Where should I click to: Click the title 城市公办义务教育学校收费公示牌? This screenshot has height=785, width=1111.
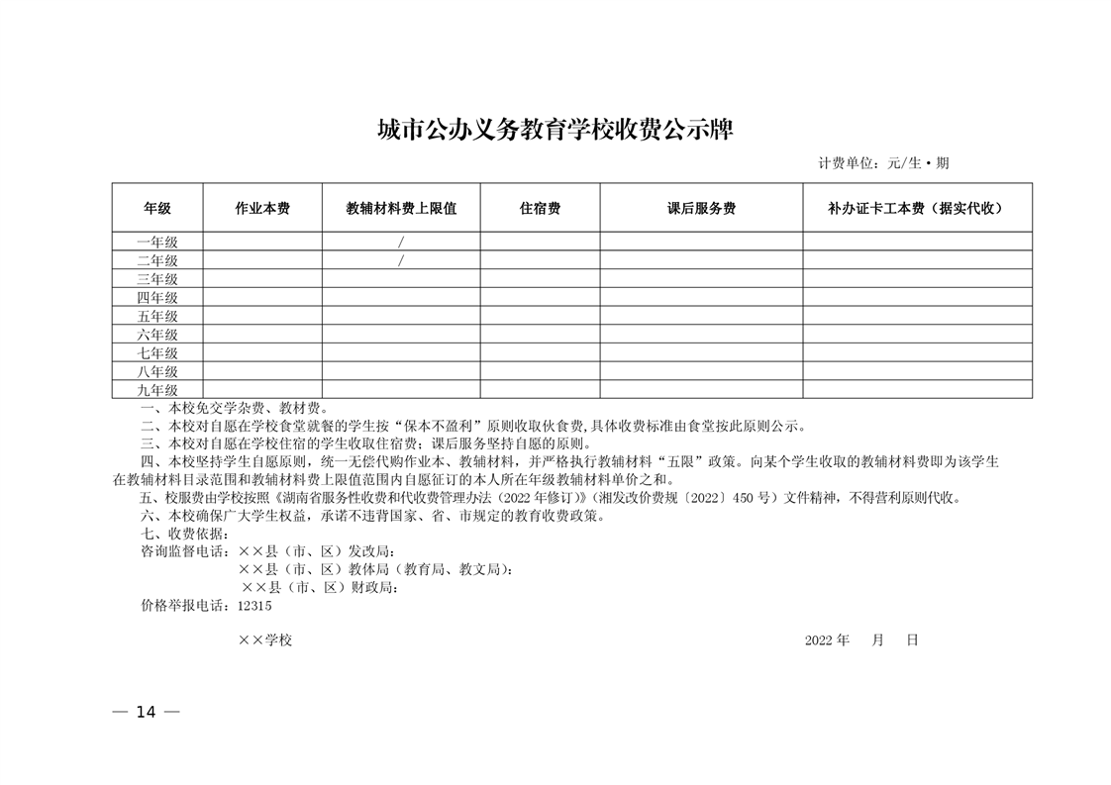click(555, 130)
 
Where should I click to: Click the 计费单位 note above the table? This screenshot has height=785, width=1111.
click(883, 163)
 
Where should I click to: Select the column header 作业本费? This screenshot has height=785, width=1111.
click(262, 209)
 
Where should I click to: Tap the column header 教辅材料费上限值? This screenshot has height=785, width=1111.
click(401, 209)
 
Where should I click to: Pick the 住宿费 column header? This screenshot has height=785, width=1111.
click(540, 209)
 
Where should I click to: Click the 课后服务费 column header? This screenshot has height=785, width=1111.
click(701, 209)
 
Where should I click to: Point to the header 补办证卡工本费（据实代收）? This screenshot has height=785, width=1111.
click(916, 209)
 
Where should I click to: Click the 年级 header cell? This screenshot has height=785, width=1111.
click(157, 209)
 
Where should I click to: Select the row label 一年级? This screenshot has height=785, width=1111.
click(157, 242)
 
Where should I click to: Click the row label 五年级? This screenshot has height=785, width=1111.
click(157, 316)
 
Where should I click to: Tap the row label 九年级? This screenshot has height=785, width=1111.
click(157, 390)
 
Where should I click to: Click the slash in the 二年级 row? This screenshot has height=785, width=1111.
click(401, 260)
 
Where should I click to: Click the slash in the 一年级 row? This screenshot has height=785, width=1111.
click(401, 242)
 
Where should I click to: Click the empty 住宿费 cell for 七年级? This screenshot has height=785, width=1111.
click(540, 353)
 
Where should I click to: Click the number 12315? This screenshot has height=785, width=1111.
click(254, 605)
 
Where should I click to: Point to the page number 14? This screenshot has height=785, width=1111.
click(147, 713)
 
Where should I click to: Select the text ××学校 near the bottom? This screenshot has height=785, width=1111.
click(265, 640)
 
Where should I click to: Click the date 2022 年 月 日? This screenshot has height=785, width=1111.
click(861, 640)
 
